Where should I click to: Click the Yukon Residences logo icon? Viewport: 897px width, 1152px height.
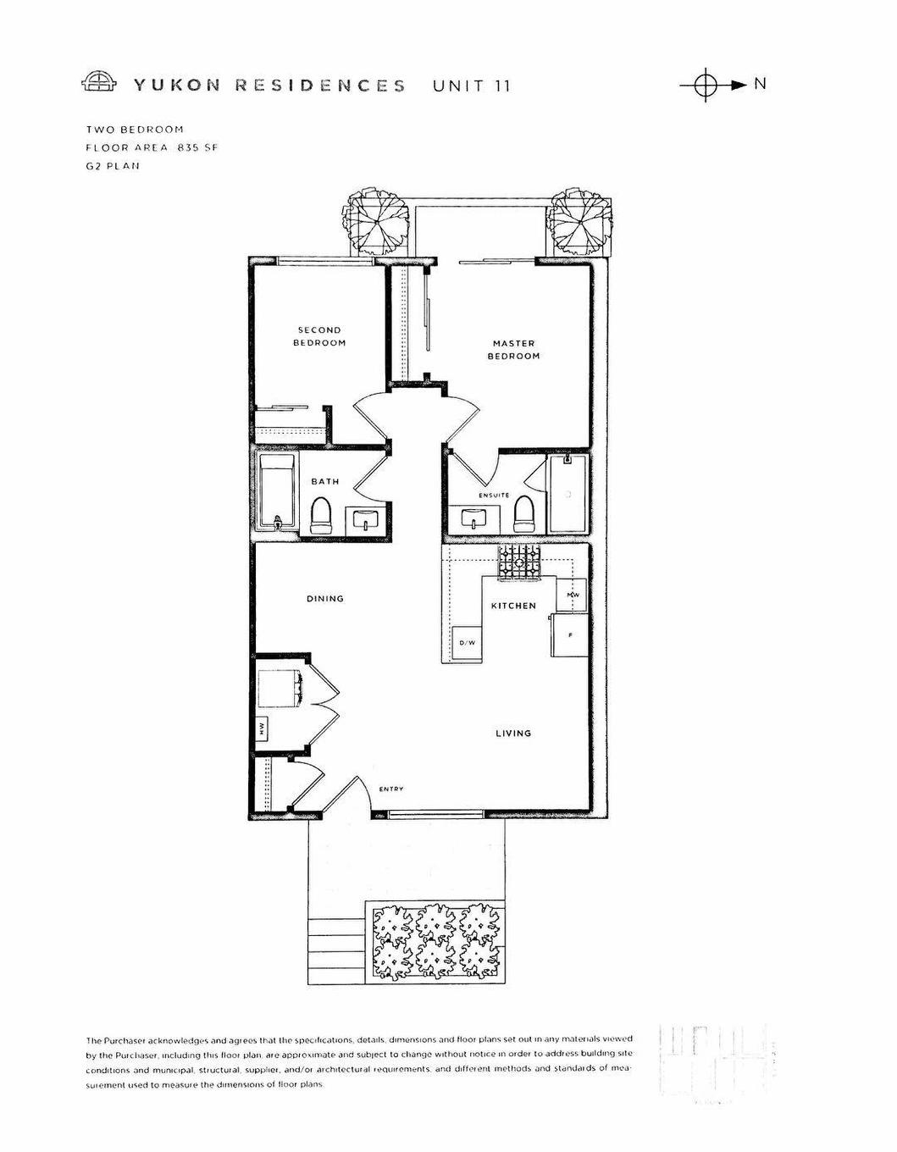(x=101, y=82)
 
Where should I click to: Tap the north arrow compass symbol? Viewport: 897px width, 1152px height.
(x=706, y=85)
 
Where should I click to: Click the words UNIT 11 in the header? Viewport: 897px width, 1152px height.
(x=472, y=86)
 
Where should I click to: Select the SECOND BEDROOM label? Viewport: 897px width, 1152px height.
(x=319, y=336)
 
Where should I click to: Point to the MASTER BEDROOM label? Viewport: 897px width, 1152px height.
(x=513, y=350)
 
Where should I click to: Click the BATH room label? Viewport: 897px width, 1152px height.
(x=324, y=481)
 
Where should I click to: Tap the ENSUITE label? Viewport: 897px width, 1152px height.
(x=494, y=495)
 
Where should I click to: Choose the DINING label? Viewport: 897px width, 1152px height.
(x=325, y=599)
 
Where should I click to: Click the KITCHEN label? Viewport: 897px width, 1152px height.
(x=513, y=606)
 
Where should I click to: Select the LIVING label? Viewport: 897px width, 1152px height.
(x=513, y=733)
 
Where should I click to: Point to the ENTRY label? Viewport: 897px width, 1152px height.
(x=391, y=789)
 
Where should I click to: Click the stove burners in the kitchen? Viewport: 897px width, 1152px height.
(x=518, y=562)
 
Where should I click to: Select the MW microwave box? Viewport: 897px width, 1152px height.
(x=573, y=595)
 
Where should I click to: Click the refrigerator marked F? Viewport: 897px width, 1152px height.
(x=569, y=635)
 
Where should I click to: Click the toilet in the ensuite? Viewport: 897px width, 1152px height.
(x=525, y=514)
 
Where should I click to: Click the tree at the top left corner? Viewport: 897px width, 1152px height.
(x=378, y=220)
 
